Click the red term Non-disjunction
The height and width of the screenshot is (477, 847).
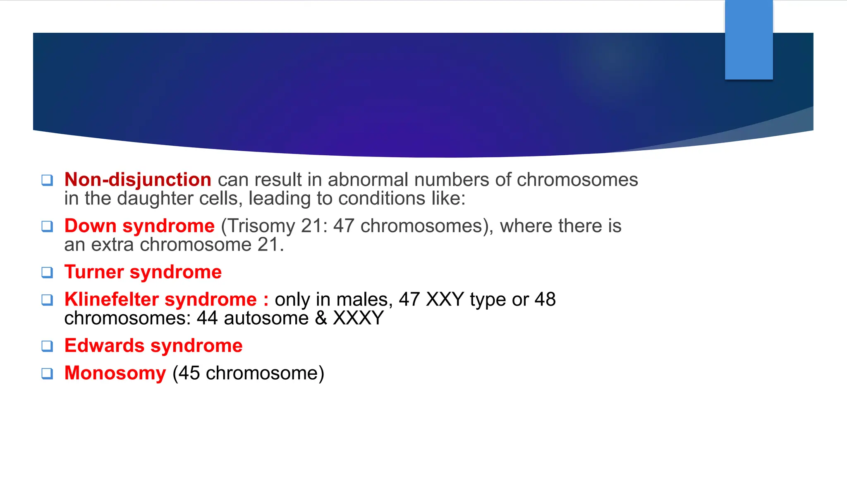[x=138, y=180]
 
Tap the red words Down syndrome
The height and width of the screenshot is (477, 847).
[x=139, y=226]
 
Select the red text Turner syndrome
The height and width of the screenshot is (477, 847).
[x=143, y=272]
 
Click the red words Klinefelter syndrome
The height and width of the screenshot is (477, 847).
[x=160, y=299]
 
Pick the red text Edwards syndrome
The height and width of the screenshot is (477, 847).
[x=153, y=346]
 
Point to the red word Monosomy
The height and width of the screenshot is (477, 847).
[x=115, y=373]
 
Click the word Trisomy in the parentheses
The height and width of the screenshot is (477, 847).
[x=262, y=226]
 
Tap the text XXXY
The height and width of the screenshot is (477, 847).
[x=358, y=318]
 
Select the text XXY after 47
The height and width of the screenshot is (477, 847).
[x=445, y=299]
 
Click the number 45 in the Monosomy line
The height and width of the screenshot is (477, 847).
[x=189, y=373]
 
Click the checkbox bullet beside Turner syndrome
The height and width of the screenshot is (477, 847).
[x=47, y=272]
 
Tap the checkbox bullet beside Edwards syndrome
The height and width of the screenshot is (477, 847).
[x=47, y=346]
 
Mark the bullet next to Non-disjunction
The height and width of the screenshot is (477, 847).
[x=47, y=180]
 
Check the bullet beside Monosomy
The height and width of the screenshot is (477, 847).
[x=47, y=373]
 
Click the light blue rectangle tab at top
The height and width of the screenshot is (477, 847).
[x=749, y=40]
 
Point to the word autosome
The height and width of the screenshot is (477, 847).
[x=266, y=318]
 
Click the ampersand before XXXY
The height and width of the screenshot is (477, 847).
[x=321, y=318]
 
